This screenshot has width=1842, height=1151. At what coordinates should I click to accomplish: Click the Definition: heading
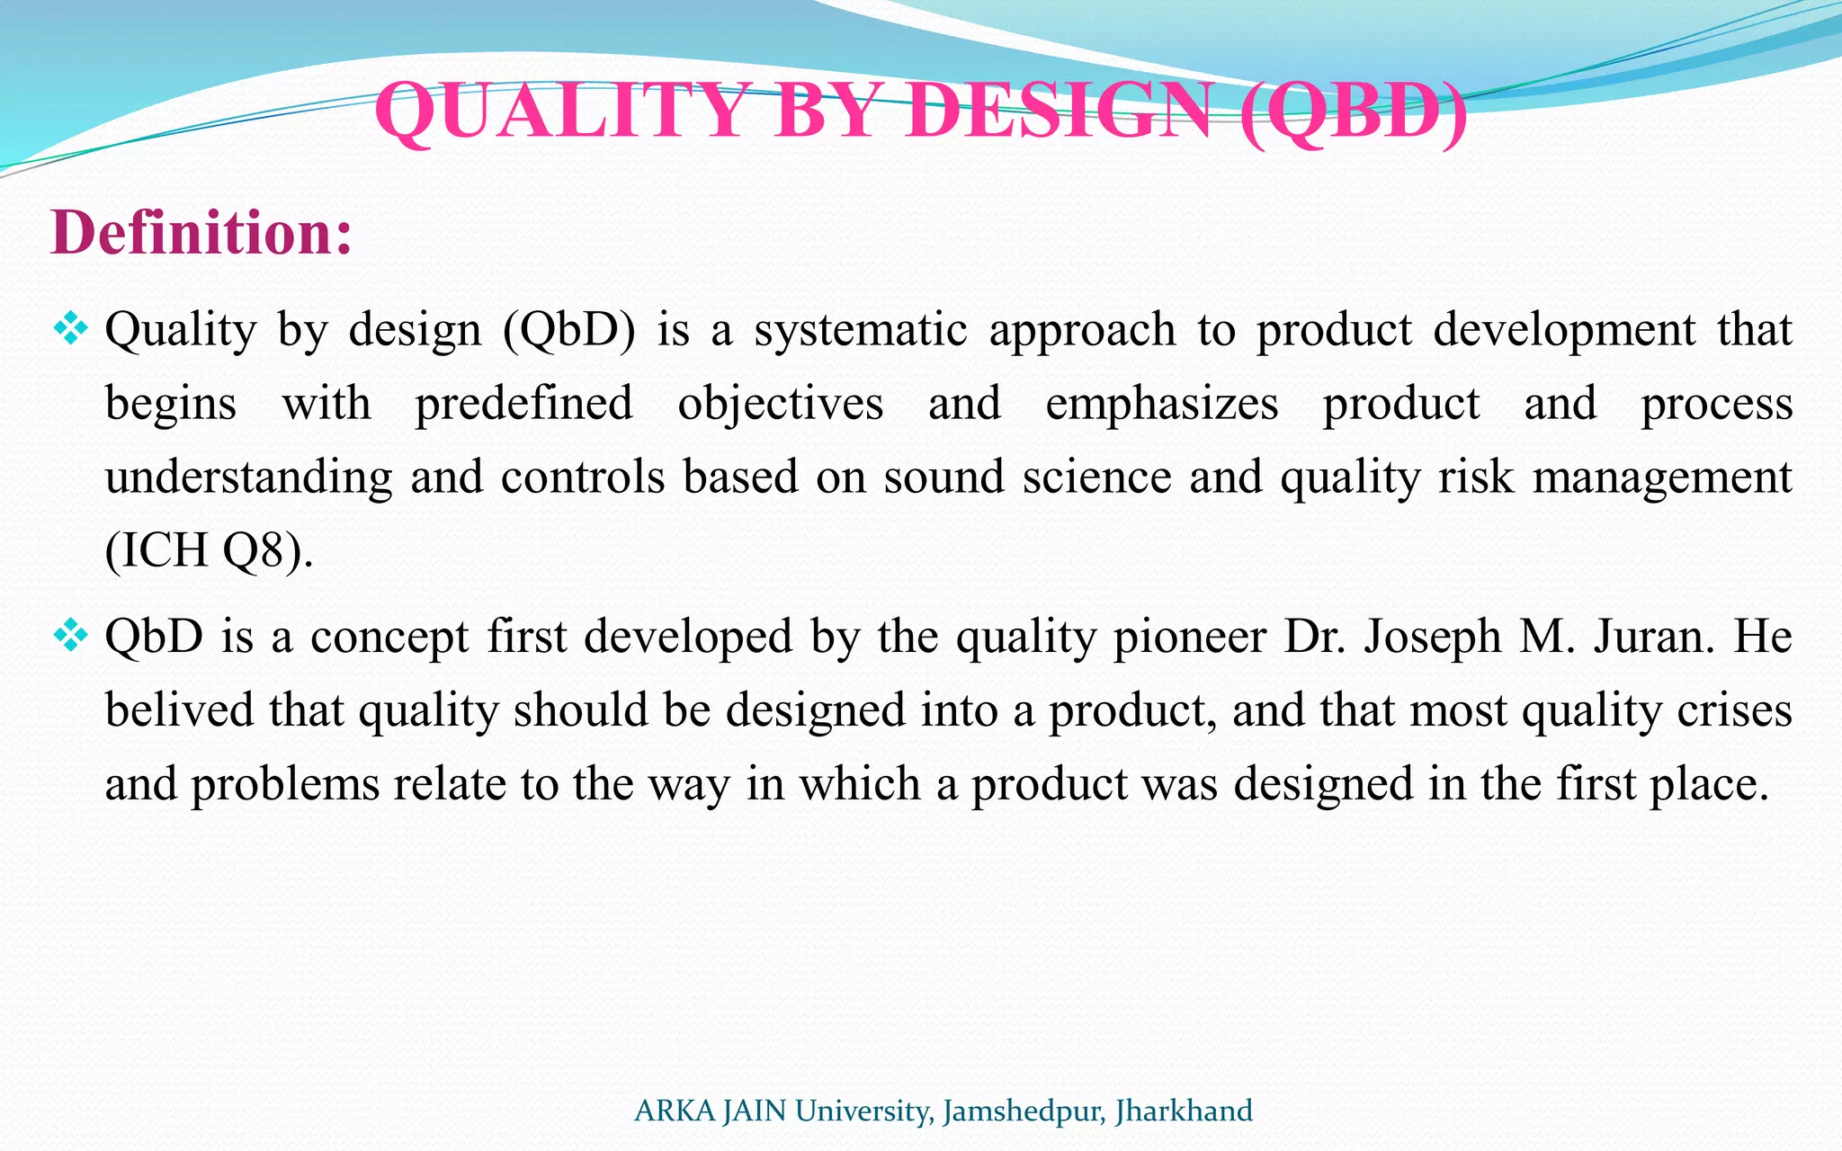pos(201,233)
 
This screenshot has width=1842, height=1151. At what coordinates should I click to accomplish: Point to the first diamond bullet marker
pos(70,329)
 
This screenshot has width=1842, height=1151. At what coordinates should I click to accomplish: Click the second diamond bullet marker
pos(70,637)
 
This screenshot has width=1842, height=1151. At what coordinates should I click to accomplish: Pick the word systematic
pos(861,329)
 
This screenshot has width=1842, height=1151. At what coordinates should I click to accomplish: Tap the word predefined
pos(523,403)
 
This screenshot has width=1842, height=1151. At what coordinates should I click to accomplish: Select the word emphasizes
pos(1161,403)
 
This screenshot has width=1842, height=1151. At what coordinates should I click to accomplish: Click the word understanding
pos(248,477)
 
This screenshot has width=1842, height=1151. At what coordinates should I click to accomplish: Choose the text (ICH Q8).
pos(209,550)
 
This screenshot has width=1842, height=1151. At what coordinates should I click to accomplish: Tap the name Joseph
pos(1433,637)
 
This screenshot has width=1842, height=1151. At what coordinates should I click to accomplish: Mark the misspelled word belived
pos(179,710)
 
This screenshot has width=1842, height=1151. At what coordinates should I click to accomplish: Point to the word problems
pos(285,784)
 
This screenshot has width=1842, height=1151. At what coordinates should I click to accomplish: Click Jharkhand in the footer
pos(1184,1111)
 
